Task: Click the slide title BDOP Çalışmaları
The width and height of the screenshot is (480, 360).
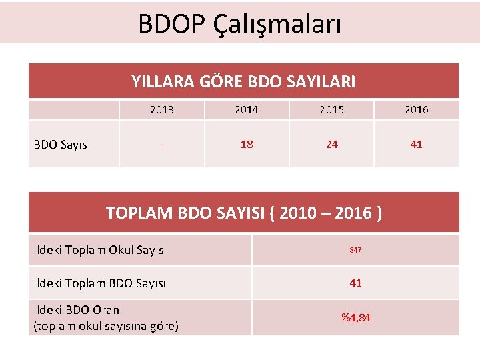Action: pos(240,24)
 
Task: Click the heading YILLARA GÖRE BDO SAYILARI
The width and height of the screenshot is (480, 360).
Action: pos(243,81)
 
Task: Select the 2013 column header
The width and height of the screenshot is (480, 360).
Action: pos(162,110)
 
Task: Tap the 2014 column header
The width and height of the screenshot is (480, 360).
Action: pos(247,110)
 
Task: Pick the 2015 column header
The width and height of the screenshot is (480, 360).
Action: pos(331,110)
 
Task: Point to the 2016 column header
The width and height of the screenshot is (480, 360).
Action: pos(416,110)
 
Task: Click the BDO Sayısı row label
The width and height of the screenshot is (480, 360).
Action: pos(63,144)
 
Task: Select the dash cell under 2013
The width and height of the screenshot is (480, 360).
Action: pos(162,144)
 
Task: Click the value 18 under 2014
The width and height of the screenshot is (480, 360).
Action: pos(247,144)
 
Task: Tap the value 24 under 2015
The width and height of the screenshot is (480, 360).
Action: pos(331,144)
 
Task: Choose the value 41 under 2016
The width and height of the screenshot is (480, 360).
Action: pos(416,144)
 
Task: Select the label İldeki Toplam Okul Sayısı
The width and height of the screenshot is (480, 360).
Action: pos(99,250)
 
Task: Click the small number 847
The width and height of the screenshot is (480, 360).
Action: pos(355,250)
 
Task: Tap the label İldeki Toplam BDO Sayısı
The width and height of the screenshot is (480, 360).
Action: pos(99,283)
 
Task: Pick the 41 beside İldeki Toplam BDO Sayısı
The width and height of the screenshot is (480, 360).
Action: pos(355,283)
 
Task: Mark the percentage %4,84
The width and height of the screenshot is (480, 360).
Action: pos(355,317)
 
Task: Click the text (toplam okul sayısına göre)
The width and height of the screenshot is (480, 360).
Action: pos(105,326)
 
